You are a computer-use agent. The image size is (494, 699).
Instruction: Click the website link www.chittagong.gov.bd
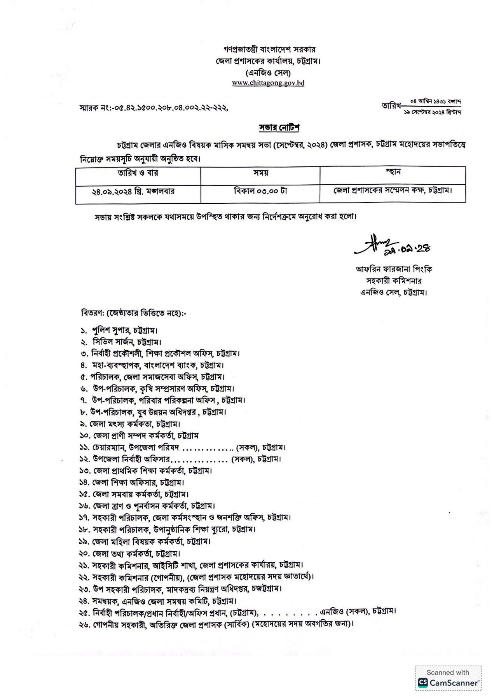tap(268, 83)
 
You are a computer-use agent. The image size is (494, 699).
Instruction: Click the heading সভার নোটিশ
tap(279, 128)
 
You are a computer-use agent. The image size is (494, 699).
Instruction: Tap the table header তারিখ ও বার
tap(138, 173)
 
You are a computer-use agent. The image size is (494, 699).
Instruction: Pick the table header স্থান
tap(393, 172)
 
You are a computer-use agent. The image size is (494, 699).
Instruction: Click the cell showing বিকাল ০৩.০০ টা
tap(260, 191)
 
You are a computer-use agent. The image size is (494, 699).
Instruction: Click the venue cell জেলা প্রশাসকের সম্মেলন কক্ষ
tap(393, 190)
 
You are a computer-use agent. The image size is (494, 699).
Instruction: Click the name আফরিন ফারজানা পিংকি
tap(394, 269)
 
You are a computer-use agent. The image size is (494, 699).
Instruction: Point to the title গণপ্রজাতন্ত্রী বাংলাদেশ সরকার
tap(269, 50)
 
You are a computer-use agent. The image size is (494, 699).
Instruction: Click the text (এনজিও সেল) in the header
tap(268, 73)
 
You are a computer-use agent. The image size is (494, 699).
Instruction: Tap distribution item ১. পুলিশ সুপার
tap(119, 330)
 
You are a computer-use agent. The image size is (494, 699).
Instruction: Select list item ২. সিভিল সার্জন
tap(121, 342)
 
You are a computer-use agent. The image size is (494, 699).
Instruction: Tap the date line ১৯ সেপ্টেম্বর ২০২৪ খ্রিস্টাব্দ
tap(432, 112)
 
